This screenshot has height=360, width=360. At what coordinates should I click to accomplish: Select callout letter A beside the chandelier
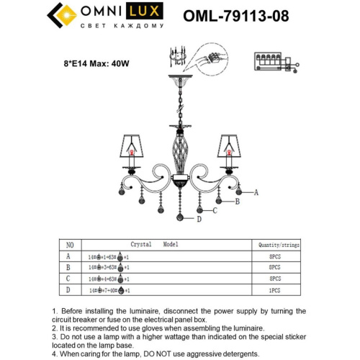click(255, 192)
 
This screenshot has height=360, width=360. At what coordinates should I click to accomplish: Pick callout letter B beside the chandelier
click(236, 202)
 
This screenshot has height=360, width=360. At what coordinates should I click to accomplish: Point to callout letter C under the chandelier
click(215, 210)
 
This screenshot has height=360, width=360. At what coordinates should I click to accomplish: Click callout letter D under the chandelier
click(199, 220)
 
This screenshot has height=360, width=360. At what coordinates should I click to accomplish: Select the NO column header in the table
click(70, 245)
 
